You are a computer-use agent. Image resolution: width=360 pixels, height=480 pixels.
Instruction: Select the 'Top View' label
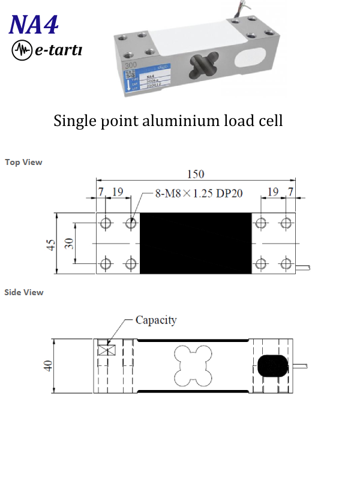[x=23, y=162]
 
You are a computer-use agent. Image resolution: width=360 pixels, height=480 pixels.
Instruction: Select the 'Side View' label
[x=24, y=292]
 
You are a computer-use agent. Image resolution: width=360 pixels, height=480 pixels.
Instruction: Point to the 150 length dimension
[x=196, y=174]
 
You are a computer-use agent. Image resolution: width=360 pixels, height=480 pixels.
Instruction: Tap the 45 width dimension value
[x=51, y=244]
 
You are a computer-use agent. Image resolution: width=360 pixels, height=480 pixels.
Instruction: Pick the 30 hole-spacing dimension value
[x=69, y=244]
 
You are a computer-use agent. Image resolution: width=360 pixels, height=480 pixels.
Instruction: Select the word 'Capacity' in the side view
[x=156, y=320]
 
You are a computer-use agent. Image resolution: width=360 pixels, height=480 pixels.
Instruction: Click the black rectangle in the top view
[x=196, y=244]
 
